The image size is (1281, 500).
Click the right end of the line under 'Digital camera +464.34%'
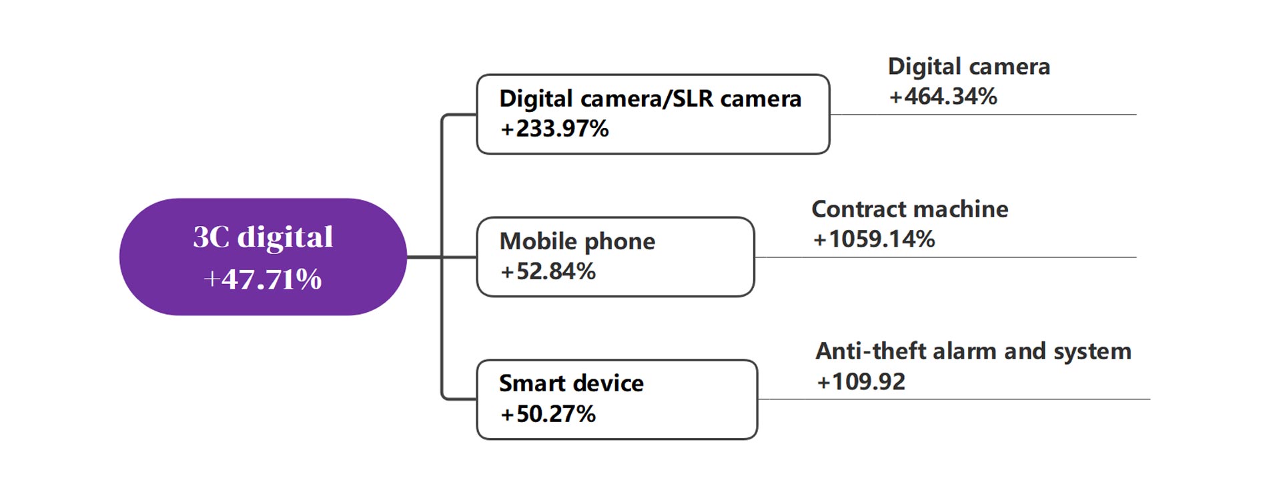click(1136, 115)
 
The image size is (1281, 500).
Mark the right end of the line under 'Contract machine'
click(1136, 257)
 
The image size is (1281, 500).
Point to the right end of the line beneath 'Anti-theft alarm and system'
click(1150, 399)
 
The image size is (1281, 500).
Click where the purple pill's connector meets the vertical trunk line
click(442, 257)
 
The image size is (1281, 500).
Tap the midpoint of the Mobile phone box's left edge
click(478, 257)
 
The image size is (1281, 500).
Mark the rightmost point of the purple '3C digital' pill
click(406, 257)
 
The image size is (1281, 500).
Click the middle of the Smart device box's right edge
click(757, 399)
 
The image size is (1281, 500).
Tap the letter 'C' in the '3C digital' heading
click(221, 237)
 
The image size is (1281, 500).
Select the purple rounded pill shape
click(263, 257)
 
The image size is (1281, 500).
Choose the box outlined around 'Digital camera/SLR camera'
click(653, 114)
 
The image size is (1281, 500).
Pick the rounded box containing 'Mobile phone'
click(616, 257)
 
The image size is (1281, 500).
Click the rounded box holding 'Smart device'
click(617, 399)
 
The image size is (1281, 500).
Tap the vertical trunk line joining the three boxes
click(442, 257)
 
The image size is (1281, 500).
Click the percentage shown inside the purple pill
click(263, 279)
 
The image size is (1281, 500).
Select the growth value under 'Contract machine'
click(874, 239)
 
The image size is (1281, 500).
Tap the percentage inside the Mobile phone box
click(548, 271)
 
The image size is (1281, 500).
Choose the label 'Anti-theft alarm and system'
click(973, 351)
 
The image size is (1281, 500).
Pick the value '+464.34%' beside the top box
click(943, 97)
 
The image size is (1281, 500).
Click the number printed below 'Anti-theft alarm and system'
click(861, 382)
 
